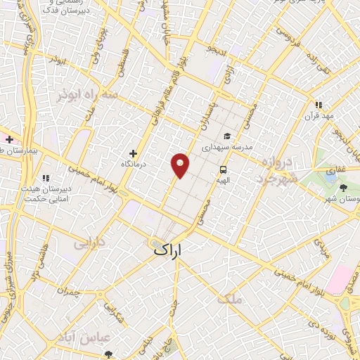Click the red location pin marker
coord(181,165)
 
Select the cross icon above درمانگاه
coord(134,153)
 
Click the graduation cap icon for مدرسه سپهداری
coord(226,136)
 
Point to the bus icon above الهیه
coord(223,169)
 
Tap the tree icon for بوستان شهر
coord(343,187)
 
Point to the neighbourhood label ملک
coord(229,298)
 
